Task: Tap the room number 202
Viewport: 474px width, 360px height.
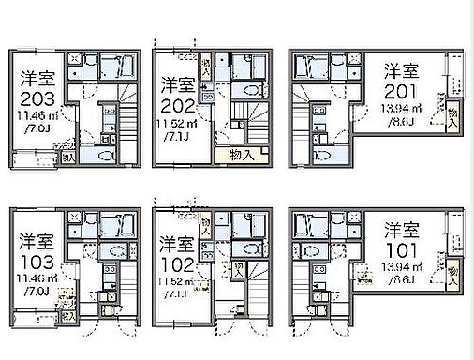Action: [177, 105]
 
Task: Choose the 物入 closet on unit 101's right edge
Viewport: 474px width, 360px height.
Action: [453, 276]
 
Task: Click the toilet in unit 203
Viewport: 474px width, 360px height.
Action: [104, 155]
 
